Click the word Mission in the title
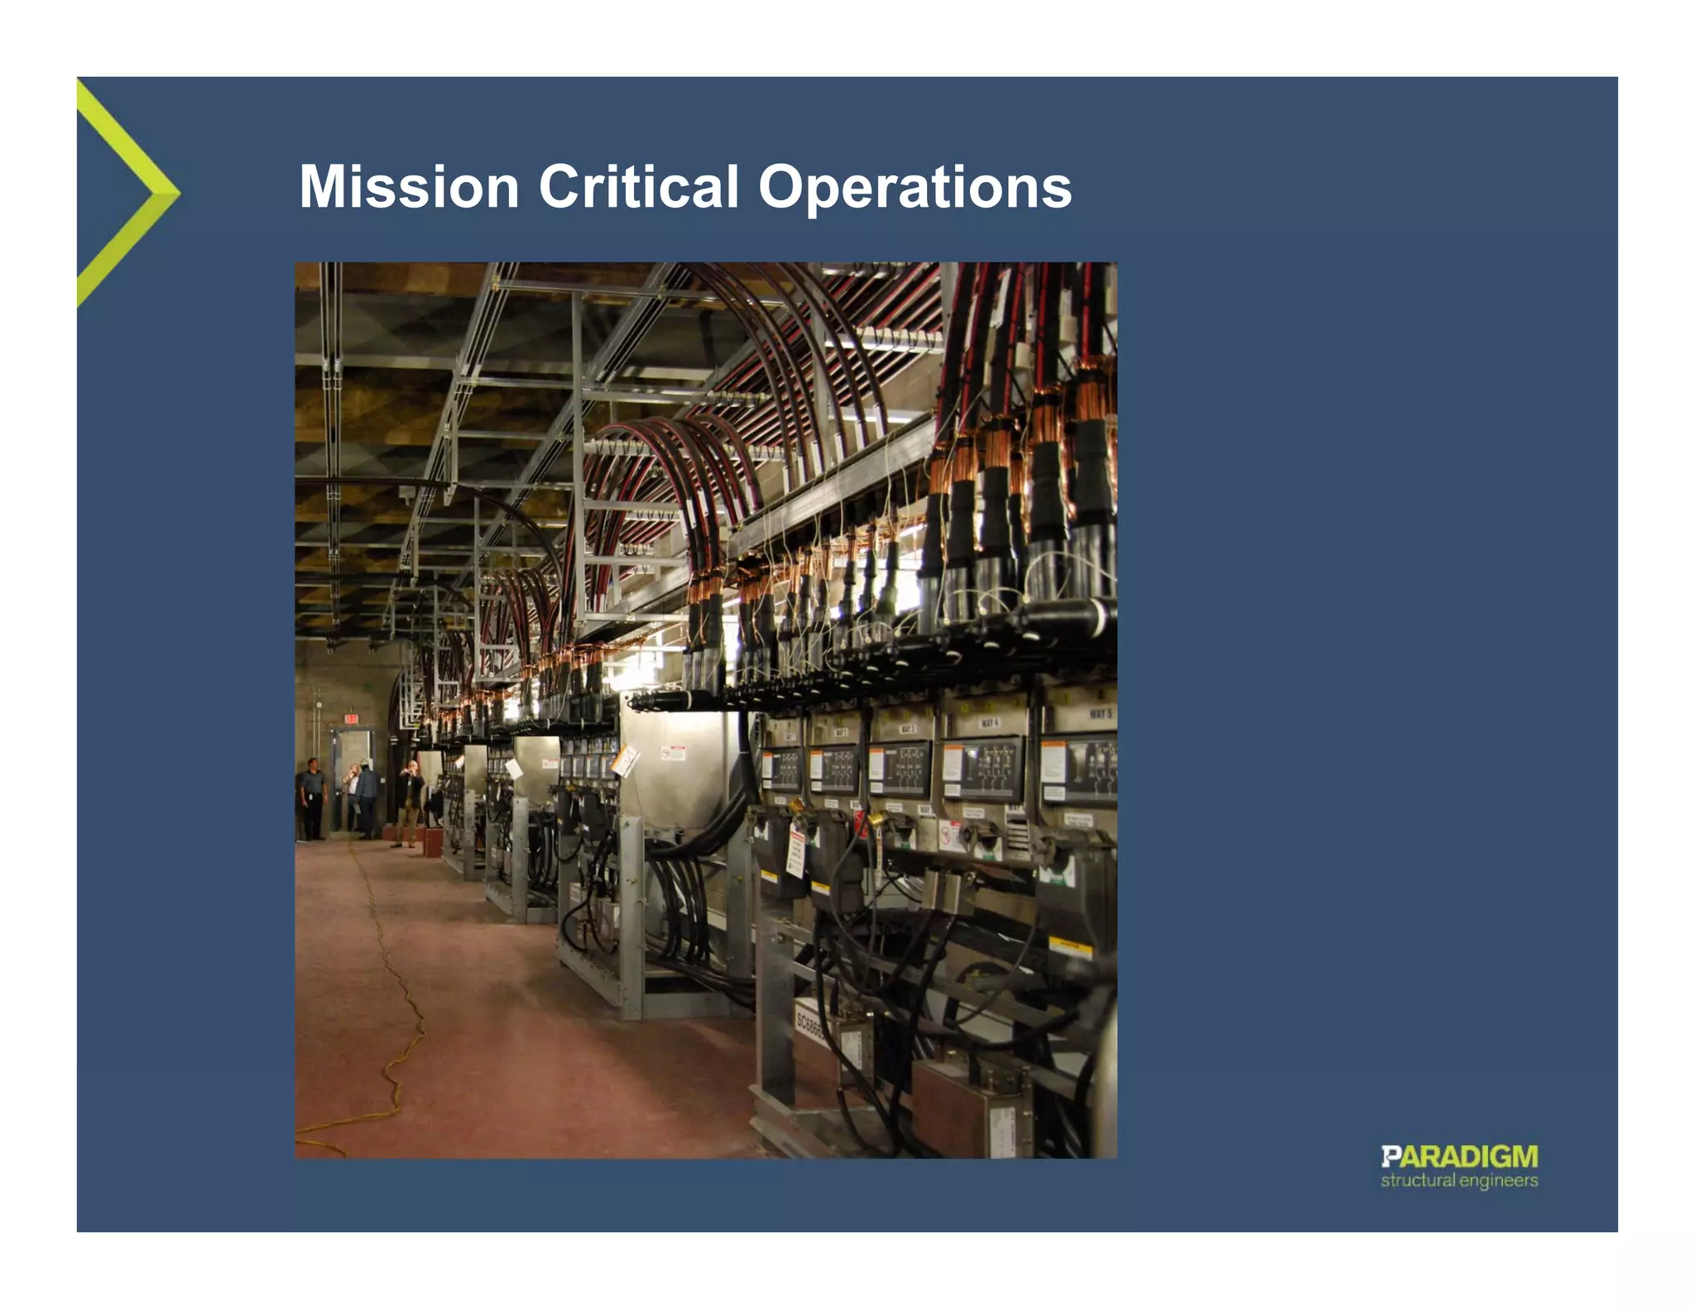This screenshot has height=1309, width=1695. click(409, 187)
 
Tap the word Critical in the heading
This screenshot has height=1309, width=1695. click(638, 187)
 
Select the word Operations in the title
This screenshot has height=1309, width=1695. click(915, 189)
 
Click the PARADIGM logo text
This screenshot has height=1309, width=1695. click(1458, 1157)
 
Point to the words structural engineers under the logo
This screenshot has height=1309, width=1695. click(1458, 1181)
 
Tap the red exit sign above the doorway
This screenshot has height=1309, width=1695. click(351, 719)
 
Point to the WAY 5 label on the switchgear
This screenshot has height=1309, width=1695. click(1101, 713)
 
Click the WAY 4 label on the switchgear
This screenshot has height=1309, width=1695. click(990, 723)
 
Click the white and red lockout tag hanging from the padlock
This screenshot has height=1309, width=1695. click(795, 852)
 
